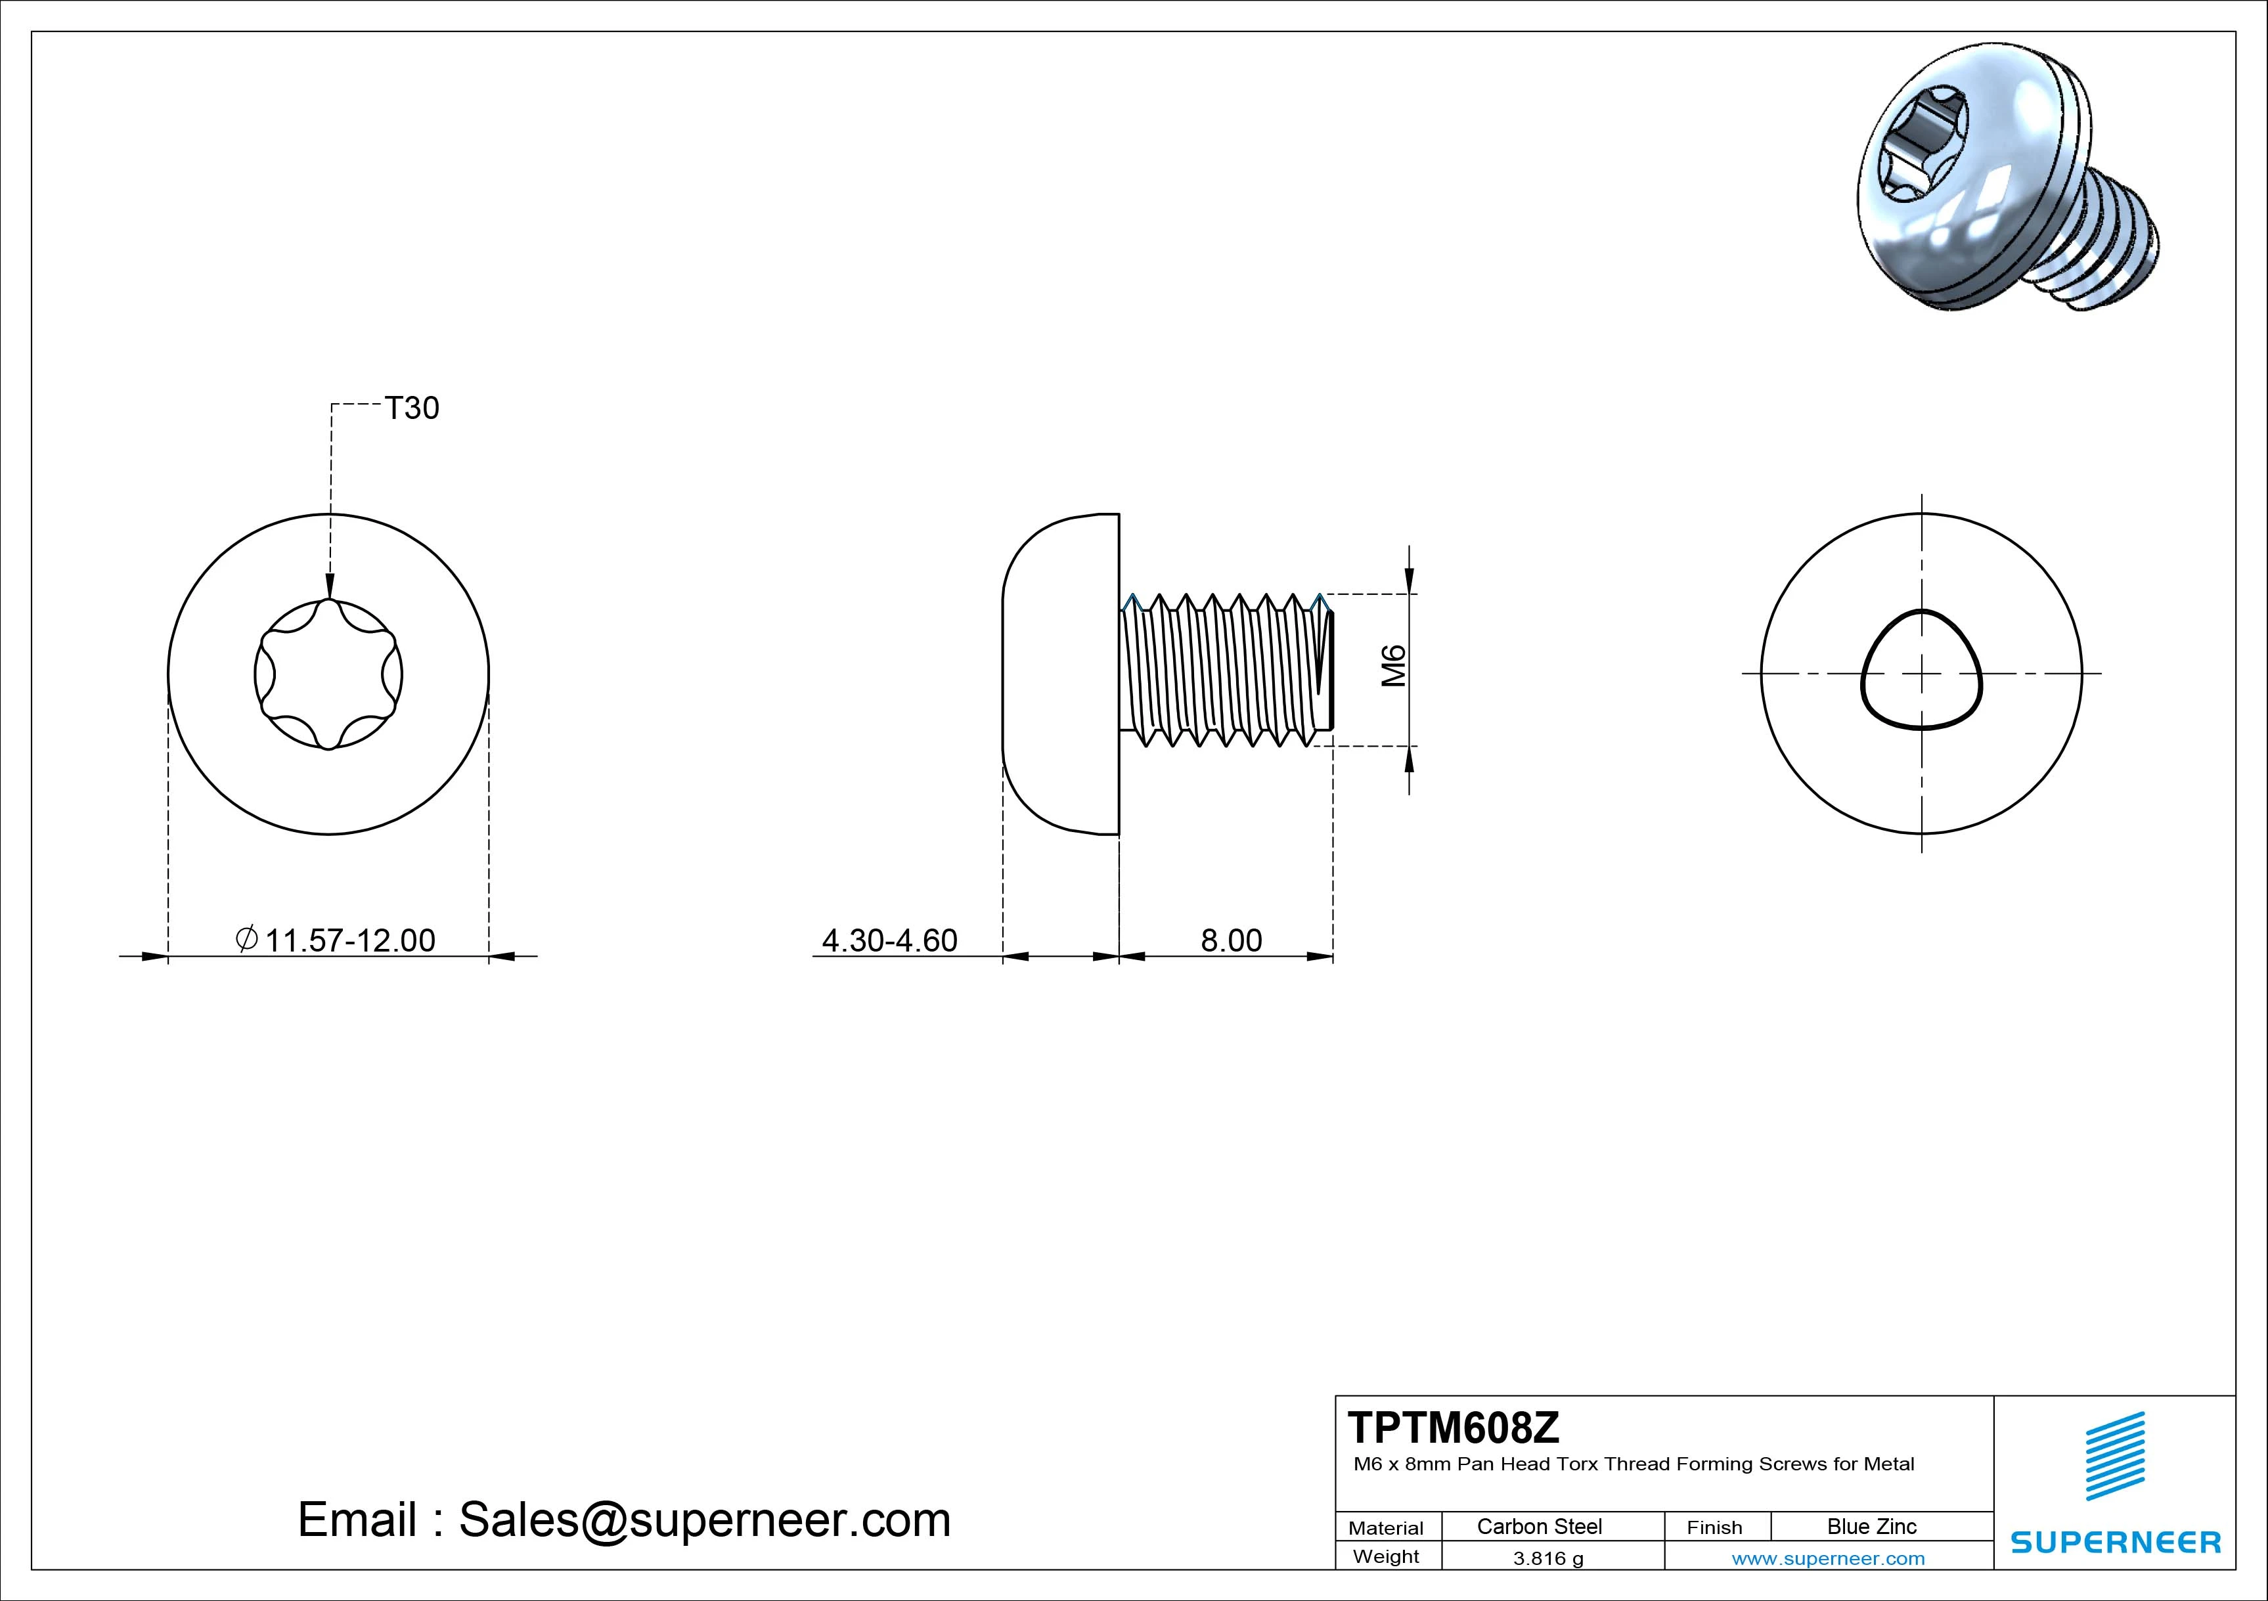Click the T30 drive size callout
[411, 408]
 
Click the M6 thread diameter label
[1393, 667]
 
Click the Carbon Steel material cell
[1539, 1526]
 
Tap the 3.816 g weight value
[1548, 1558]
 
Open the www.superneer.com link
[1827, 1558]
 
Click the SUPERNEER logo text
[2115, 1542]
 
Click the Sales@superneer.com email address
[704, 1519]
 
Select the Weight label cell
[1386, 1556]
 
